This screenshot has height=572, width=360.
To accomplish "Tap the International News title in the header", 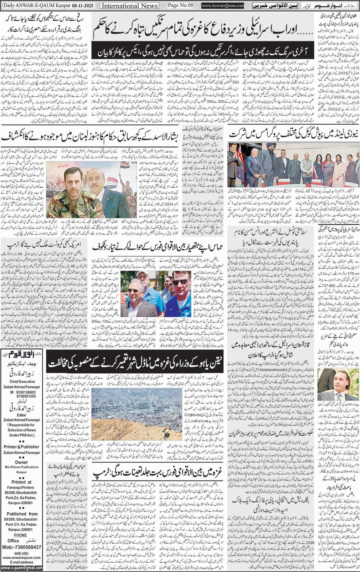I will pyautogui.click(x=129, y=6).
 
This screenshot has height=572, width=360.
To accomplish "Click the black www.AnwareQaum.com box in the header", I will pyautogui.click(x=222, y=6).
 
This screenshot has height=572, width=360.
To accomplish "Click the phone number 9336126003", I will pyautogui.click(x=25, y=392).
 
